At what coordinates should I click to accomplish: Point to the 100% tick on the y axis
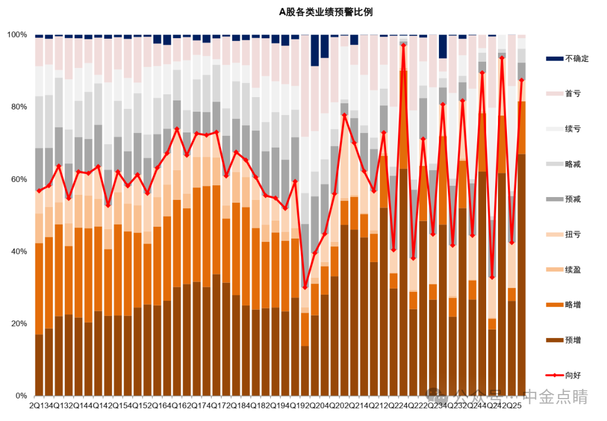tap(17, 35)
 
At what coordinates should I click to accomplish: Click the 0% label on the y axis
tap(21, 396)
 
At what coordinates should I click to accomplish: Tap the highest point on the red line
tap(404, 45)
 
